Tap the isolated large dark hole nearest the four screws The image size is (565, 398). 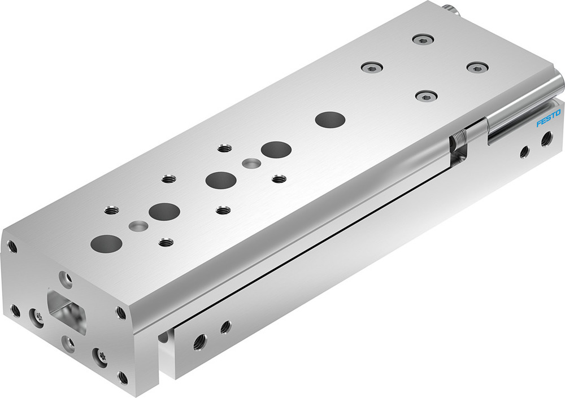[330, 119]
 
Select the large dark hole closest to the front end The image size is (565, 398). [106, 243]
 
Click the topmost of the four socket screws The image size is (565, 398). [422, 39]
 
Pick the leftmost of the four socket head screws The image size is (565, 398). [371, 67]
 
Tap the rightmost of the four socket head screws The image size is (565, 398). [477, 67]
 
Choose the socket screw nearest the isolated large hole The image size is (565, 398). [427, 95]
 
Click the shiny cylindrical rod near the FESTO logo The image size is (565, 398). [523, 110]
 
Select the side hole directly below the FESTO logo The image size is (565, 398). [546, 138]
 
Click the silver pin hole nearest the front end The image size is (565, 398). [138, 226]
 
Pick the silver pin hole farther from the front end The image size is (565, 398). [251, 164]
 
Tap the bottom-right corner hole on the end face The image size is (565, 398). [123, 377]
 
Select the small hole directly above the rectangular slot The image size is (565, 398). [67, 278]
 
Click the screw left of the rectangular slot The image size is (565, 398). [38, 317]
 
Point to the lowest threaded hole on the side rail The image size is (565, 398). [199, 342]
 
